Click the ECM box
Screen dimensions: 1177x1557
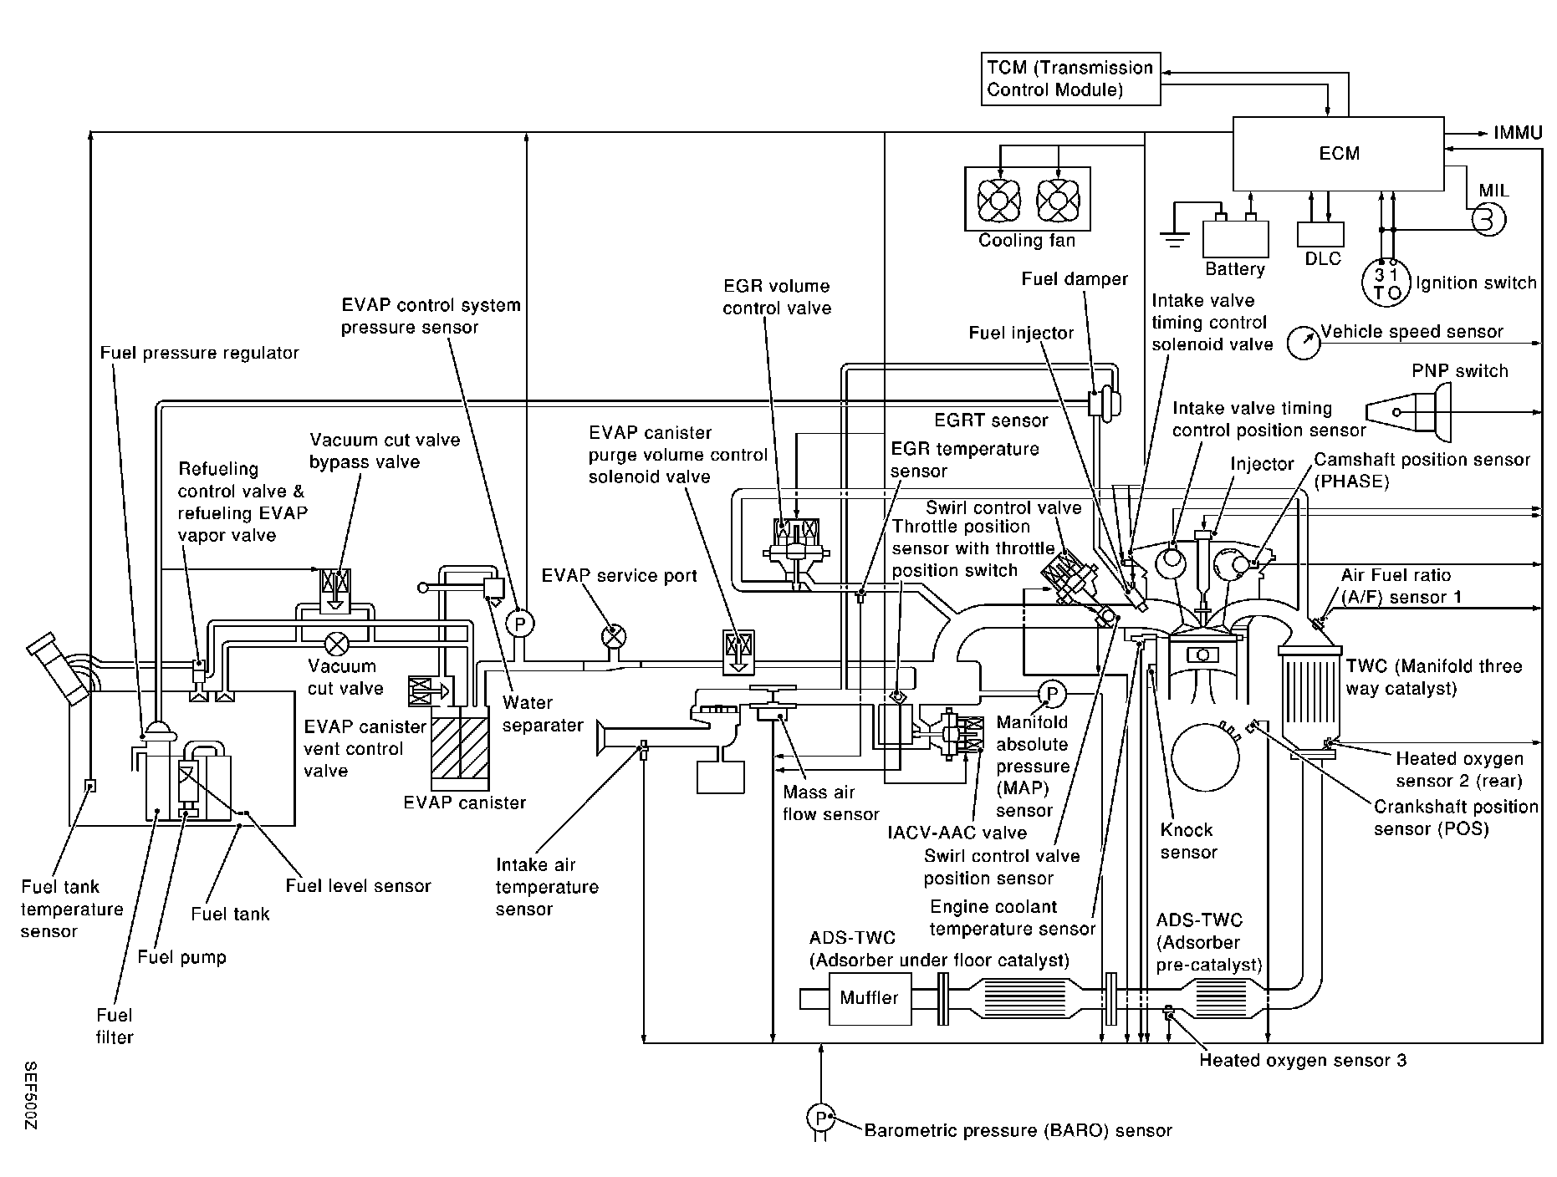click(1339, 154)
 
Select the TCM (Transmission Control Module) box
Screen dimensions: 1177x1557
click(1070, 79)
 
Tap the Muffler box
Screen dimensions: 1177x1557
click(869, 998)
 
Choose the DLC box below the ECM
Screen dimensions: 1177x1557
click(1321, 235)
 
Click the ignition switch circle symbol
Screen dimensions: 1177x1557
click(1386, 283)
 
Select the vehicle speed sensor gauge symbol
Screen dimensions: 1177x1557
click(1303, 343)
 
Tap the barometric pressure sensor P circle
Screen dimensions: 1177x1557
click(820, 1118)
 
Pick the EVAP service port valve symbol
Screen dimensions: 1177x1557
click(614, 636)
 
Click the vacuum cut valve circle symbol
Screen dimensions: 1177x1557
click(338, 643)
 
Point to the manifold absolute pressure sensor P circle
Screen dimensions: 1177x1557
click(1051, 693)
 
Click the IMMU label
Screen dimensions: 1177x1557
click(1518, 133)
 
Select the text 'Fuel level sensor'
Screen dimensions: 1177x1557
click(358, 886)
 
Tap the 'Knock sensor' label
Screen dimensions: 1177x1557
click(1187, 841)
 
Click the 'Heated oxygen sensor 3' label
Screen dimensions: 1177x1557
click(1303, 1061)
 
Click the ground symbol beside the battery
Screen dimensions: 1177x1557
click(1175, 237)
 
